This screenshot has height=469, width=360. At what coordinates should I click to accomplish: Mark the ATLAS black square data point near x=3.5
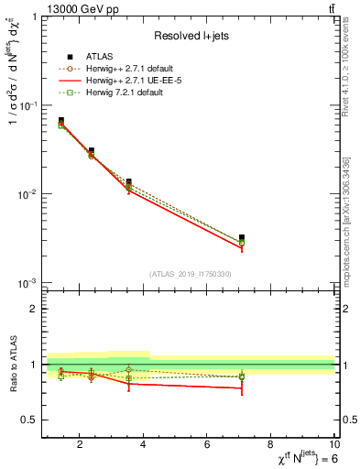[x=128, y=182]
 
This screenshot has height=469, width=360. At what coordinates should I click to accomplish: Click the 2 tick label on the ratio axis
[x=33, y=309]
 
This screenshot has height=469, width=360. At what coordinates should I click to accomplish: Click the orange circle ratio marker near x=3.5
[x=128, y=370]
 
